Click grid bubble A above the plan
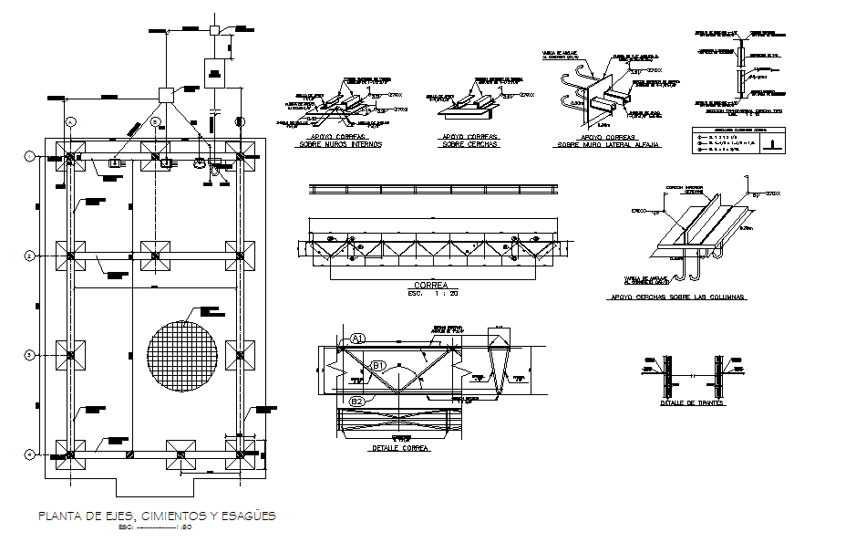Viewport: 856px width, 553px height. [71, 120]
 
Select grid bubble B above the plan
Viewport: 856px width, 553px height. [156, 120]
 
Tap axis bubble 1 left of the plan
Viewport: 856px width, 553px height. [29, 157]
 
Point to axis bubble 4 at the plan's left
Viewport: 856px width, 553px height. [29, 454]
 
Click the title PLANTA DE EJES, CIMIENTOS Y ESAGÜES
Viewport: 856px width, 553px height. [156, 516]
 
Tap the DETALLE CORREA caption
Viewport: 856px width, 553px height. [400, 448]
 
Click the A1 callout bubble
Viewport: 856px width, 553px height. [358, 339]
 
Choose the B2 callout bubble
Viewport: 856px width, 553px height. [357, 401]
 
